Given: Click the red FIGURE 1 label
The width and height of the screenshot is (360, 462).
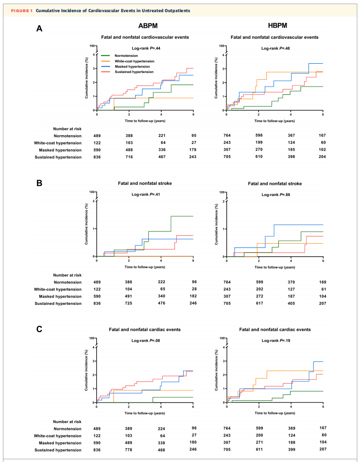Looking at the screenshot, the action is (x=22, y=11).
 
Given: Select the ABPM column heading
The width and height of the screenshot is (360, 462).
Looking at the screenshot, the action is (x=148, y=26).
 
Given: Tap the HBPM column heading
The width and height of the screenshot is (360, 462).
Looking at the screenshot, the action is (x=277, y=26).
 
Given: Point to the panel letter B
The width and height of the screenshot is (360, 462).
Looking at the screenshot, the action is (x=39, y=183).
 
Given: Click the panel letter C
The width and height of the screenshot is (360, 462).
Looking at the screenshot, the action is (x=39, y=329).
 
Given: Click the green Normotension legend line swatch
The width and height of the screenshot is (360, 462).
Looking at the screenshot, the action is (x=105, y=56).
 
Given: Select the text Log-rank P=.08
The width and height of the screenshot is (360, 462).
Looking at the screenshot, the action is (x=146, y=340).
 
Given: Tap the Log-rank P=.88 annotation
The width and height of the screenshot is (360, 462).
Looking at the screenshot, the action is (x=276, y=195).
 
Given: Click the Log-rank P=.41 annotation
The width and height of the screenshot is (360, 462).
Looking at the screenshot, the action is (x=146, y=195).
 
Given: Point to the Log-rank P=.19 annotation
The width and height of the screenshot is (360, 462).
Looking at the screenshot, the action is (x=276, y=340).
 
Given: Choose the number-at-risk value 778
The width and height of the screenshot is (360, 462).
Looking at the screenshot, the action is (x=128, y=450).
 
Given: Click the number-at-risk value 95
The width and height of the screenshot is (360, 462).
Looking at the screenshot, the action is (x=193, y=136).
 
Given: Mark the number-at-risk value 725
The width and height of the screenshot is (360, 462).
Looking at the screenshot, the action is (x=128, y=303).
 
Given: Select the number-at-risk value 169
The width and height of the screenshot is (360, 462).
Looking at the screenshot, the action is (x=323, y=282).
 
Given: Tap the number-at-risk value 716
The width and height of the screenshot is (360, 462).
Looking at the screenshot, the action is (x=129, y=157).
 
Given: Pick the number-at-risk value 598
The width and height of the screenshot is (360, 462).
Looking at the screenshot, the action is (x=259, y=136).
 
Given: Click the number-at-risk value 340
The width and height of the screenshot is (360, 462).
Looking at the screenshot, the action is (x=161, y=296).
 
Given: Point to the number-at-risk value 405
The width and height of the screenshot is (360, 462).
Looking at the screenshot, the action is (x=291, y=303).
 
